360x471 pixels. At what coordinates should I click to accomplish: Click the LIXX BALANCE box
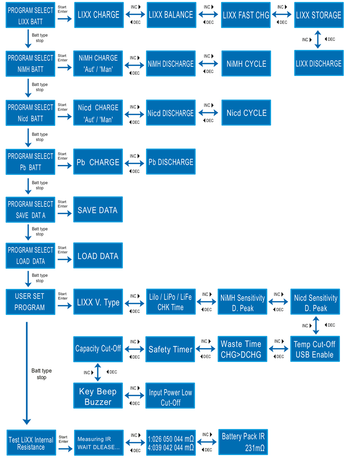tap(171, 15)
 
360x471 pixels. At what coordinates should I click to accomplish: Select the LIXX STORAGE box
tap(319, 15)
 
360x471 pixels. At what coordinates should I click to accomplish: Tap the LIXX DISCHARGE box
tap(319, 63)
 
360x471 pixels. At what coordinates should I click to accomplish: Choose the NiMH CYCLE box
tap(246, 63)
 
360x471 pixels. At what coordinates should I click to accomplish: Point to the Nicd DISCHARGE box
tap(171, 112)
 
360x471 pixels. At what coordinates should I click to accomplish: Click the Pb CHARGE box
tap(98, 162)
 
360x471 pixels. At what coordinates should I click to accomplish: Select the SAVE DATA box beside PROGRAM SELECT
tap(98, 210)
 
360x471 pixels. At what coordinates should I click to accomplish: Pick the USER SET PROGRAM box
tap(31, 302)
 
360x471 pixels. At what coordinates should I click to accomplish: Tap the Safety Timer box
tap(170, 349)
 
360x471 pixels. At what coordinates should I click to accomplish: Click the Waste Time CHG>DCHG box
tap(242, 349)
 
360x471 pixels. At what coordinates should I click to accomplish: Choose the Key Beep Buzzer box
tap(98, 395)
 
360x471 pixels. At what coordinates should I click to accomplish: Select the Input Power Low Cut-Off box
tap(170, 395)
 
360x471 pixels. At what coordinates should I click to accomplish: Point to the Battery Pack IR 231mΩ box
tap(243, 442)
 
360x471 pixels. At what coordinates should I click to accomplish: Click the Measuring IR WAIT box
tap(99, 443)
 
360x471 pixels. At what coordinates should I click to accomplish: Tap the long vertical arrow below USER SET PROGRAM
tap(27, 373)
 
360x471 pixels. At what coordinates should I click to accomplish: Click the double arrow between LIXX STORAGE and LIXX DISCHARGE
tap(318, 39)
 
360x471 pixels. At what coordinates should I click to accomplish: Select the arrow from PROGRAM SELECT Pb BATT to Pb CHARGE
tap(64, 165)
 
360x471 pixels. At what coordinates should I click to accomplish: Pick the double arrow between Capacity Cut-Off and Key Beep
tap(98, 372)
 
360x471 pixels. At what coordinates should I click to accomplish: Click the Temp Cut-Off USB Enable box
tap(315, 349)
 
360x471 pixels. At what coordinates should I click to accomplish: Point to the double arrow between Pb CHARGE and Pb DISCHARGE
tap(134, 163)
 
